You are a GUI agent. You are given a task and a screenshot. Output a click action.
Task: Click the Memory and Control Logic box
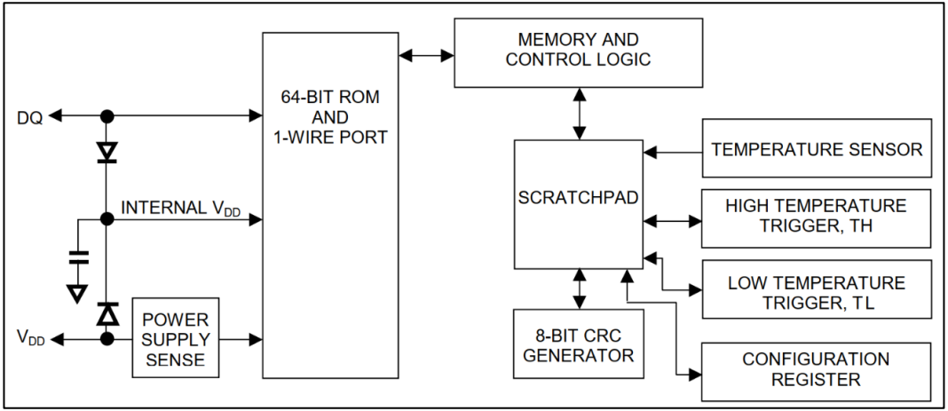[x=578, y=52]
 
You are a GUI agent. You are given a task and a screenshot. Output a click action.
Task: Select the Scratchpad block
[x=579, y=204]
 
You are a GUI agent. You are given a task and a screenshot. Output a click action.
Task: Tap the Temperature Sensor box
[x=817, y=148]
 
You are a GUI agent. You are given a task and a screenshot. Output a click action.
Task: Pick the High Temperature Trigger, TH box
[x=817, y=218]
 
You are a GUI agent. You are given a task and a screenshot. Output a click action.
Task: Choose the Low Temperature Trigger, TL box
[x=817, y=289]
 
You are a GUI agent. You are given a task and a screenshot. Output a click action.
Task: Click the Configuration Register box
[x=817, y=371]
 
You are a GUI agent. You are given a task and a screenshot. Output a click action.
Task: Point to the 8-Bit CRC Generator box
[x=579, y=344]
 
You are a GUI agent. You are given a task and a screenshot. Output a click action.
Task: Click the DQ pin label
[x=30, y=118]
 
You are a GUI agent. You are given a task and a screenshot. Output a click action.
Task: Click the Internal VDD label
[x=181, y=209]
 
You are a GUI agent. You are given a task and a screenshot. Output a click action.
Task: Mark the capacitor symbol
[x=78, y=257]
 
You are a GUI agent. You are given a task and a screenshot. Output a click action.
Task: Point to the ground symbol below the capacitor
[x=77, y=293]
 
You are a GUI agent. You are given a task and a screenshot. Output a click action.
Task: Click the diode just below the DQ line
[x=107, y=153]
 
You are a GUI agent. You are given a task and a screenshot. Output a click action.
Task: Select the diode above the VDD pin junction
[x=107, y=314]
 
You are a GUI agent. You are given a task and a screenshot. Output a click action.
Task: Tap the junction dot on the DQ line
[x=107, y=115]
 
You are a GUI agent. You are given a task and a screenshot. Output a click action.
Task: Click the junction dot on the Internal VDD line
[x=107, y=218]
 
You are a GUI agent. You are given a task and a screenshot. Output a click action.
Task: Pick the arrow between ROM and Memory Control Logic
[x=426, y=56]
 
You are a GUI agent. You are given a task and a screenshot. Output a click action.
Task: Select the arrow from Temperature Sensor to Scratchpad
[x=672, y=153]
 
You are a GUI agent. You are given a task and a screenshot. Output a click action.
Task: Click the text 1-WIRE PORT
[x=330, y=137]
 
